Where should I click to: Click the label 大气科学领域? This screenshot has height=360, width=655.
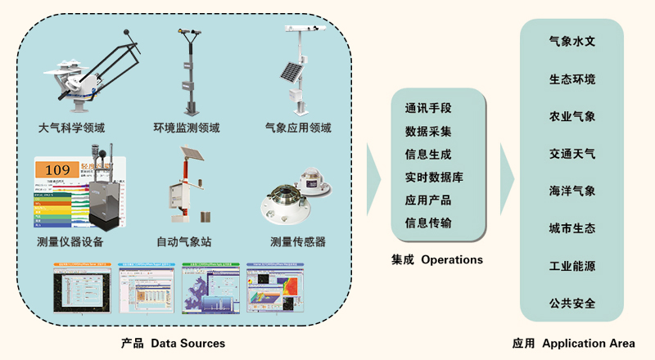[x=71, y=128]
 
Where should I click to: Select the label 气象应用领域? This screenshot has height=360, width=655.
[x=298, y=128]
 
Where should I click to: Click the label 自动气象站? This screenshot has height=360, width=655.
[x=184, y=242]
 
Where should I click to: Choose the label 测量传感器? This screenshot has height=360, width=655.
[x=298, y=242]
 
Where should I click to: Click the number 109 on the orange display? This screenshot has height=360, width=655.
[x=57, y=170]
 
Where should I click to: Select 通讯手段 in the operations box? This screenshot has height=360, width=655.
[x=428, y=108]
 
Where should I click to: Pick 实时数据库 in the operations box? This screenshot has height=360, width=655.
[x=434, y=177]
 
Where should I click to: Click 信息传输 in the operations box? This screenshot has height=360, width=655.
[x=428, y=223]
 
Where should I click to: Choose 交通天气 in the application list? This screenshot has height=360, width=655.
[x=572, y=153]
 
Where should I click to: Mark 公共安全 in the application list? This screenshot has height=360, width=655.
[x=572, y=303]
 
